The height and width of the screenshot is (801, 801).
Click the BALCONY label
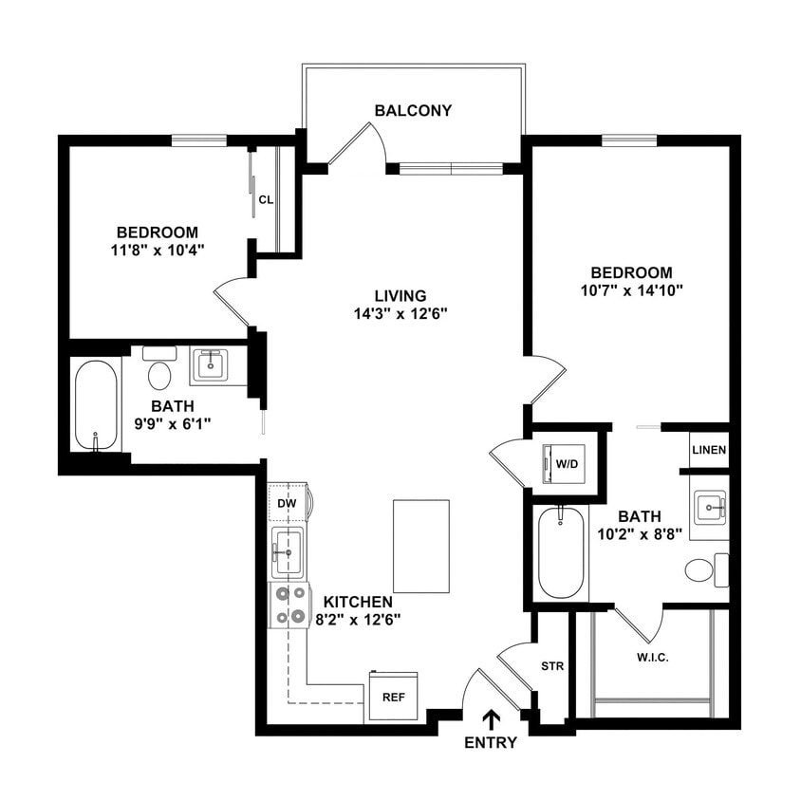click(413, 110)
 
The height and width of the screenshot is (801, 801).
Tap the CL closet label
click(267, 200)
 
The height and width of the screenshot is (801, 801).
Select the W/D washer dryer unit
click(566, 464)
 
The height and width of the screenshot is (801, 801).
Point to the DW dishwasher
click(288, 503)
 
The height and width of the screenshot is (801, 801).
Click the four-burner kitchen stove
click(289, 605)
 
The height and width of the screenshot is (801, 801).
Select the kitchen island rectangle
click(419, 546)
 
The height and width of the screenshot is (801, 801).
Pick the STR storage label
click(552, 666)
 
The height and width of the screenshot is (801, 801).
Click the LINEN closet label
click(709, 450)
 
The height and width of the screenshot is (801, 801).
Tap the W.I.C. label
click(652, 658)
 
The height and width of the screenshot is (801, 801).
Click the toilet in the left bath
click(159, 370)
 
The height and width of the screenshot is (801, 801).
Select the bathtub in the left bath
click(96, 405)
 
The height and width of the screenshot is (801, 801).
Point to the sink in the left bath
click(209, 364)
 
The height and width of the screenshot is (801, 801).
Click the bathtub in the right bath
click(560, 553)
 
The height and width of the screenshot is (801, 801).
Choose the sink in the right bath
click(709, 508)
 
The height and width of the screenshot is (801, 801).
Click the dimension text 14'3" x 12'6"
click(386, 312)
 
